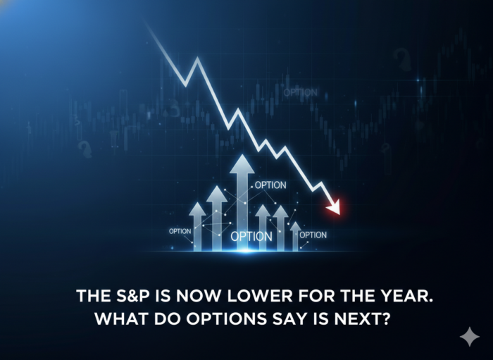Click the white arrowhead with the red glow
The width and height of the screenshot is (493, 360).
(335, 207)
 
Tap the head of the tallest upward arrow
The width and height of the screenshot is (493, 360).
(242, 164)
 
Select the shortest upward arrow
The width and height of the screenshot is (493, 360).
(295, 236)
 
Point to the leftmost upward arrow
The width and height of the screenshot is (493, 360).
(197, 226)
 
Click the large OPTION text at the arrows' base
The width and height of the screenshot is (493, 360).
(251, 237)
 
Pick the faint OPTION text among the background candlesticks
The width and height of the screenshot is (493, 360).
(301, 92)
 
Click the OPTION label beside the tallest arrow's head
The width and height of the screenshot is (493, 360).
(270, 185)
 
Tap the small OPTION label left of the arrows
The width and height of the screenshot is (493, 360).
(180, 231)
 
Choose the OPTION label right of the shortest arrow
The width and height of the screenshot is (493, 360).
(313, 235)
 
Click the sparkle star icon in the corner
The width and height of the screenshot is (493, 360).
(470, 337)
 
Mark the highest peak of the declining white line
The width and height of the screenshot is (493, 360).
(197, 58)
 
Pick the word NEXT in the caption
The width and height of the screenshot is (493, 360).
(358, 319)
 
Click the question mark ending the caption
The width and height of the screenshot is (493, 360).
(386, 319)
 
